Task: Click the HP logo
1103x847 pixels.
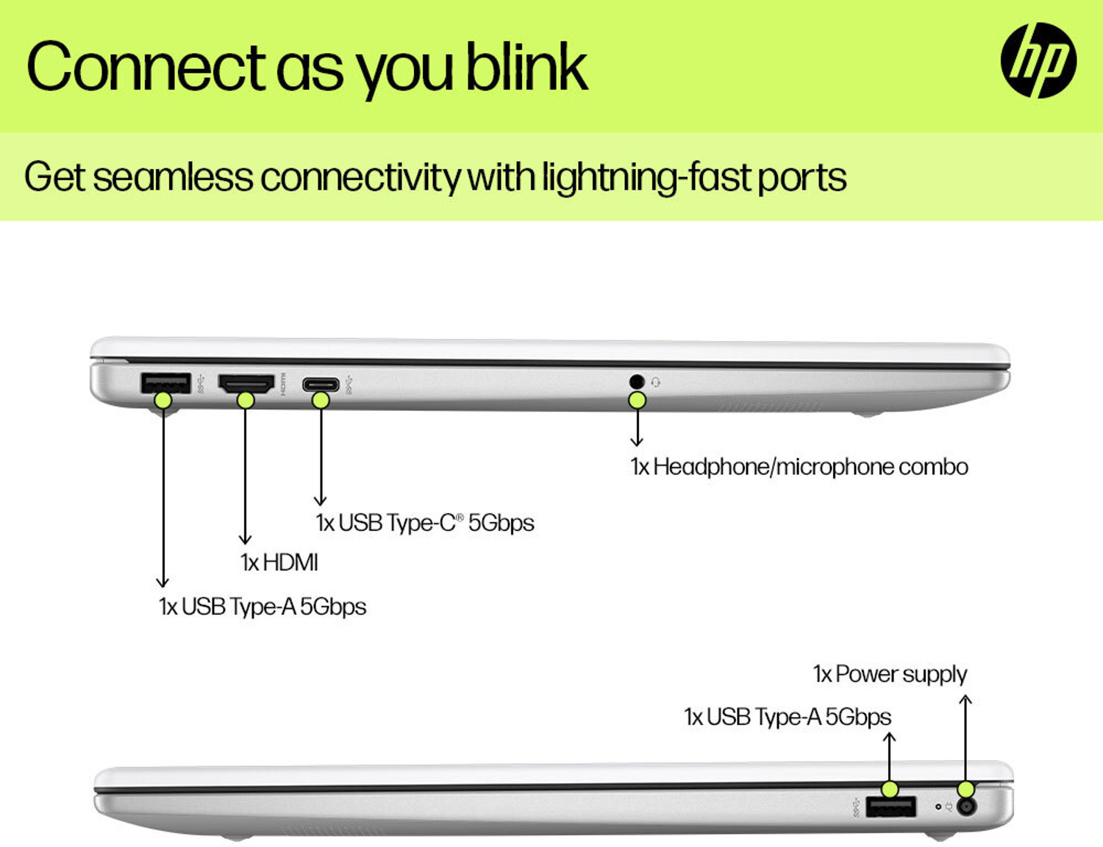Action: (1038, 60)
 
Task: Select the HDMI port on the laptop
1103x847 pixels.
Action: (246, 383)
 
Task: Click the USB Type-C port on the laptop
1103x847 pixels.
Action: (321, 384)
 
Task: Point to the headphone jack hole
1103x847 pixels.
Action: (637, 381)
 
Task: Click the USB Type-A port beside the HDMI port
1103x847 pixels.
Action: (165, 382)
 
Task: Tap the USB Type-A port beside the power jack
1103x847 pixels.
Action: (890, 807)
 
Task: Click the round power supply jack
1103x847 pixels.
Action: (967, 807)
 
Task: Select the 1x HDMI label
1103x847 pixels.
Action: (279, 562)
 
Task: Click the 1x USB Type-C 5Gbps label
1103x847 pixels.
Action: (425, 523)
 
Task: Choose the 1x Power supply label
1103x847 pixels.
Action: (890, 674)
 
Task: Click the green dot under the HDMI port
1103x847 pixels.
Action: (246, 400)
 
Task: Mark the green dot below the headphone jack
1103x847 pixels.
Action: (637, 400)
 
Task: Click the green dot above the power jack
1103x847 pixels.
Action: (966, 790)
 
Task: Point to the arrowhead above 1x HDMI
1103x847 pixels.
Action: (246, 540)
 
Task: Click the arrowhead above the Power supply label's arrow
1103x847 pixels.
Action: (966, 698)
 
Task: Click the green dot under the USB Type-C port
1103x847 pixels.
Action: (321, 400)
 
